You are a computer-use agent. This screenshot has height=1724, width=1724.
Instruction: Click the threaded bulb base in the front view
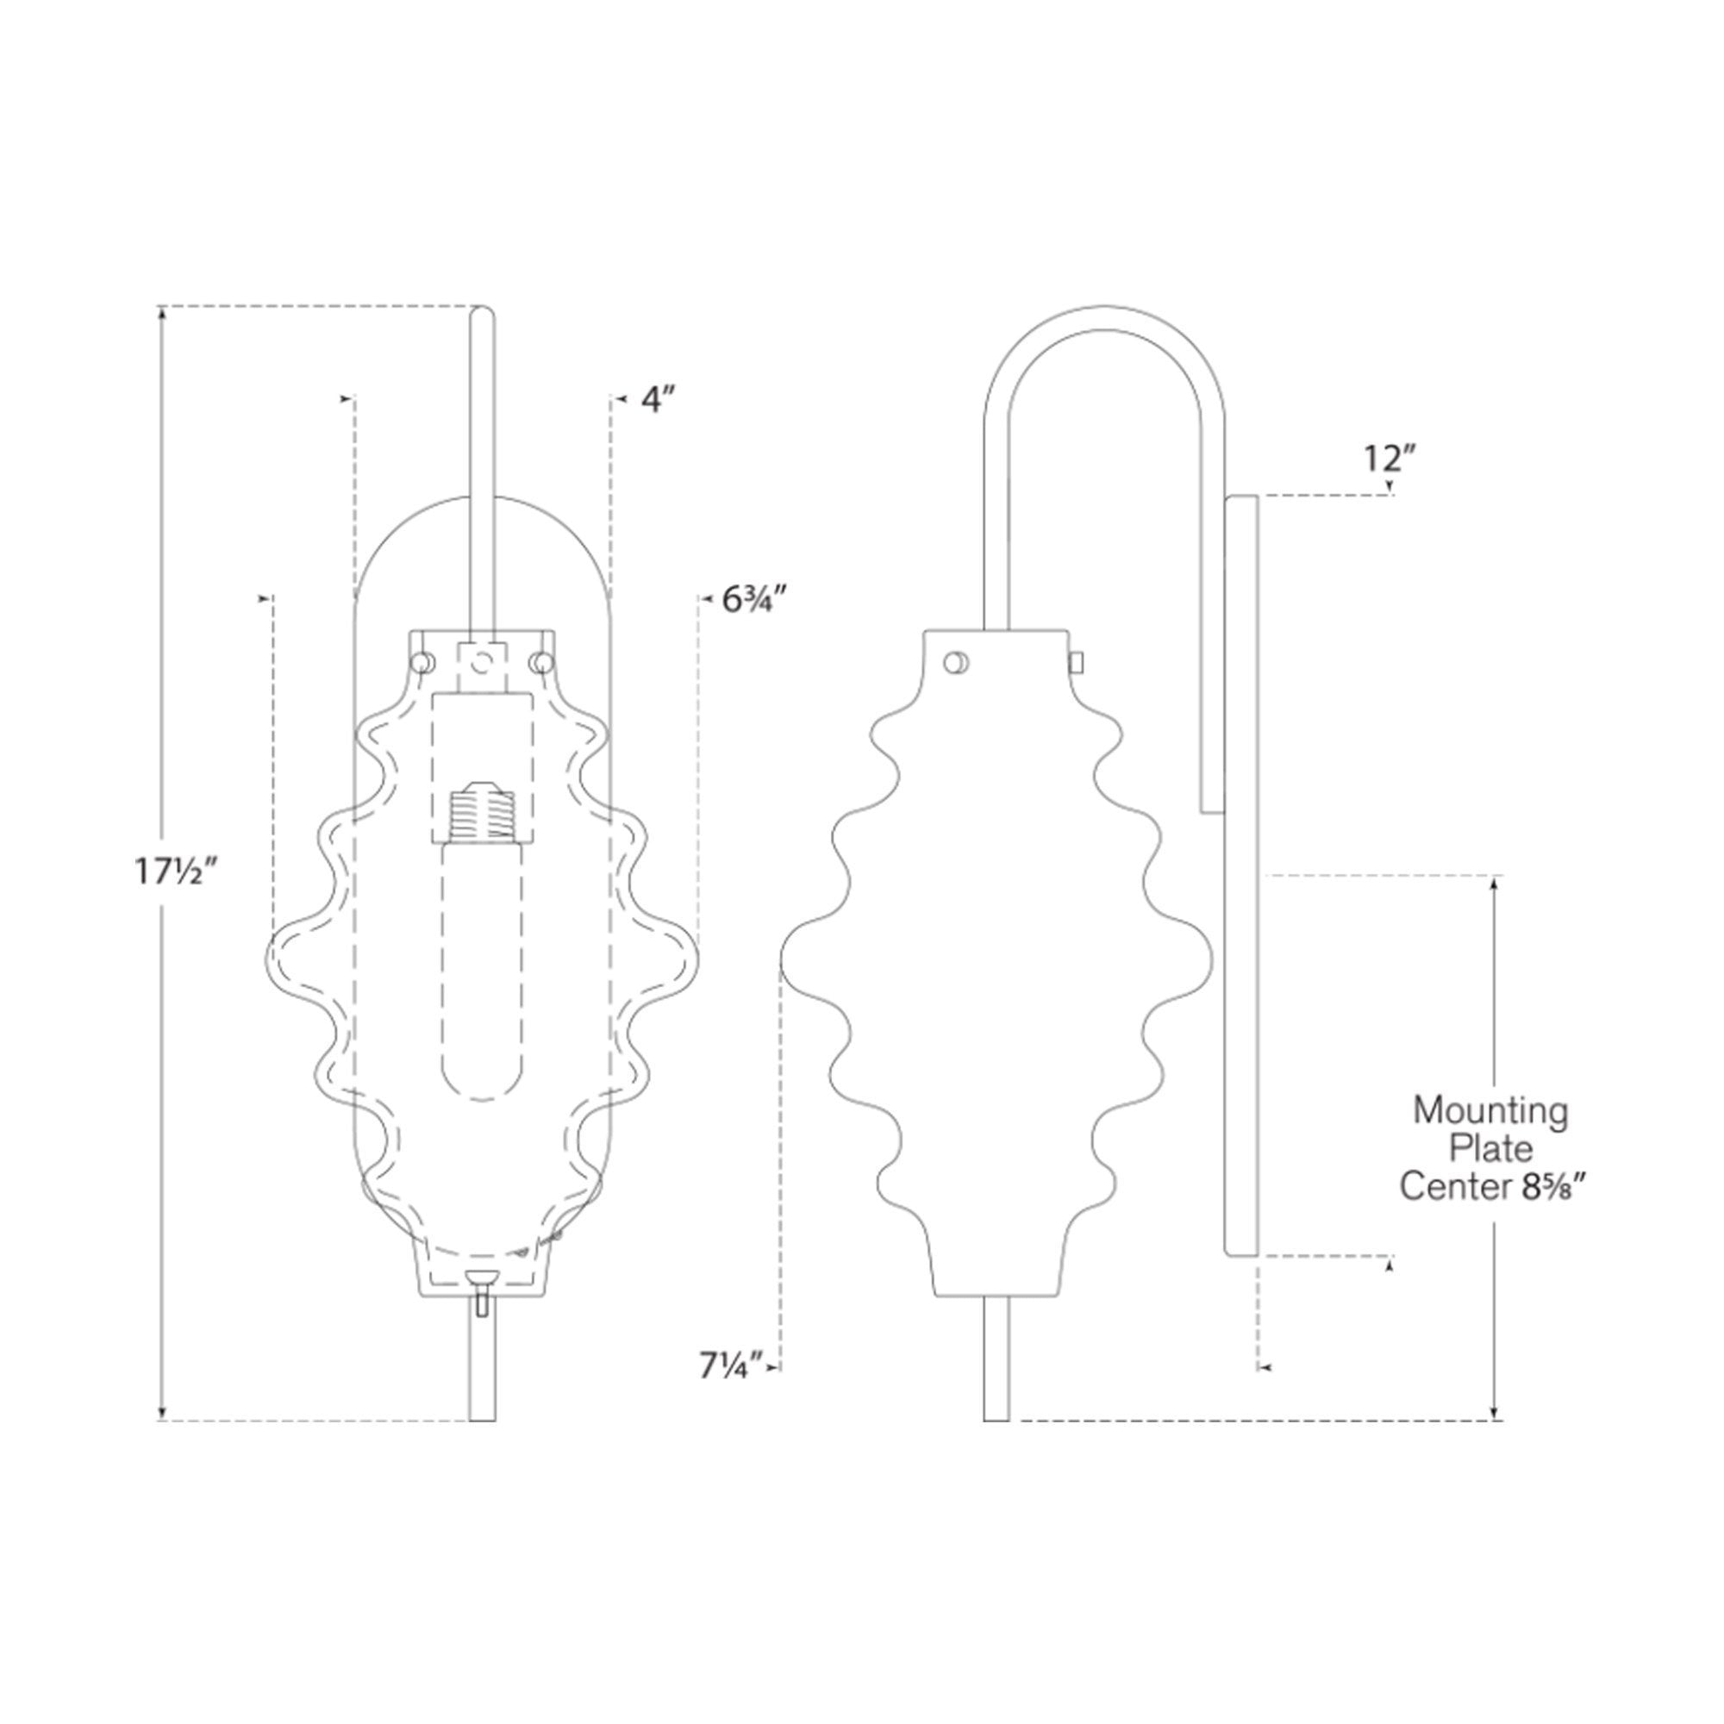[482, 811]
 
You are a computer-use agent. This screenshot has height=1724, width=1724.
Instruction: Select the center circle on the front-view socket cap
[481, 661]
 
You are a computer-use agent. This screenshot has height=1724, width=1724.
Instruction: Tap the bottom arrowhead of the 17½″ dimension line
[161, 1412]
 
